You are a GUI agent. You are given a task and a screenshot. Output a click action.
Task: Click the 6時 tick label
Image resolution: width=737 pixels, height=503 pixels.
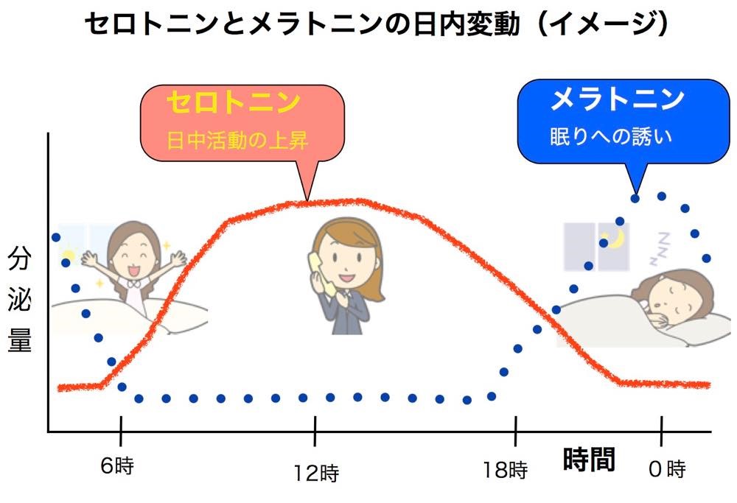[x=117, y=465]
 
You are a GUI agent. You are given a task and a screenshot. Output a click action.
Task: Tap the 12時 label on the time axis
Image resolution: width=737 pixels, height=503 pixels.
[x=316, y=473]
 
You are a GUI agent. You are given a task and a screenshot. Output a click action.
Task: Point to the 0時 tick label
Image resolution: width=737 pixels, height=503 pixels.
[x=667, y=468]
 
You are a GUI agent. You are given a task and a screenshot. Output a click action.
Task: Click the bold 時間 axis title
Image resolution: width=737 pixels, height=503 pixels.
[x=589, y=459]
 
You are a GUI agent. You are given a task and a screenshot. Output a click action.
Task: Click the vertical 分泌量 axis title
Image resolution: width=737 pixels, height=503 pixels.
[x=19, y=300]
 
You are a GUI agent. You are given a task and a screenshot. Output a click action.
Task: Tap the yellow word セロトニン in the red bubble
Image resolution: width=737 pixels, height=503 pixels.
[x=234, y=102]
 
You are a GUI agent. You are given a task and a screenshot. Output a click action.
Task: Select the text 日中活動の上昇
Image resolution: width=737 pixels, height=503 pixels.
[x=237, y=141]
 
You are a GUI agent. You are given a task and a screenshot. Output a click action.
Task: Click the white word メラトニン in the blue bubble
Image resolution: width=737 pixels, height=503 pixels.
[x=617, y=99]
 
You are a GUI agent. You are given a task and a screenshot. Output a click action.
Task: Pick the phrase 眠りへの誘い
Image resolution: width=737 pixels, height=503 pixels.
[x=611, y=136]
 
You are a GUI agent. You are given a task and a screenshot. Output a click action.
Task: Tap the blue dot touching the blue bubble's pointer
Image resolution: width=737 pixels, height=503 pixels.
[x=635, y=199]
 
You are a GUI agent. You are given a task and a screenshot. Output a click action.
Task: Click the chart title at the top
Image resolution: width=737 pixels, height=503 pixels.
[x=376, y=24]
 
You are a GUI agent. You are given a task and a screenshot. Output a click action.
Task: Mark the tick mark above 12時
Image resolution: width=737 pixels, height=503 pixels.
[x=315, y=431]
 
